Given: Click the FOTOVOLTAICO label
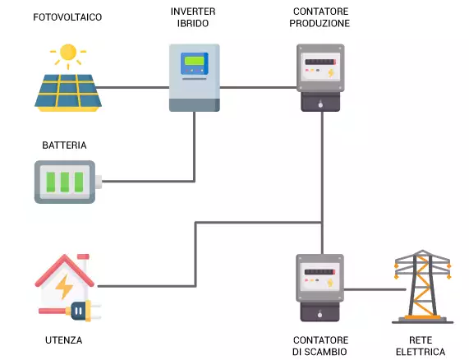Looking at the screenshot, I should (67, 17).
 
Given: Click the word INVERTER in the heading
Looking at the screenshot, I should (194, 12).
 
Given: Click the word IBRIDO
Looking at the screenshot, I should (194, 24).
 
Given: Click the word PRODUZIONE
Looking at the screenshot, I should (320, 24).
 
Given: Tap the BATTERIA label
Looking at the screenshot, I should (65, 145).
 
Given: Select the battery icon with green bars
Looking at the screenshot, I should (67, 182).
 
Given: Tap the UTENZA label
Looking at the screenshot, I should (64, 340).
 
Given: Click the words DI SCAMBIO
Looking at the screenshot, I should (320, 352).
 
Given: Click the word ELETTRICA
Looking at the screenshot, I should (425, 352).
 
